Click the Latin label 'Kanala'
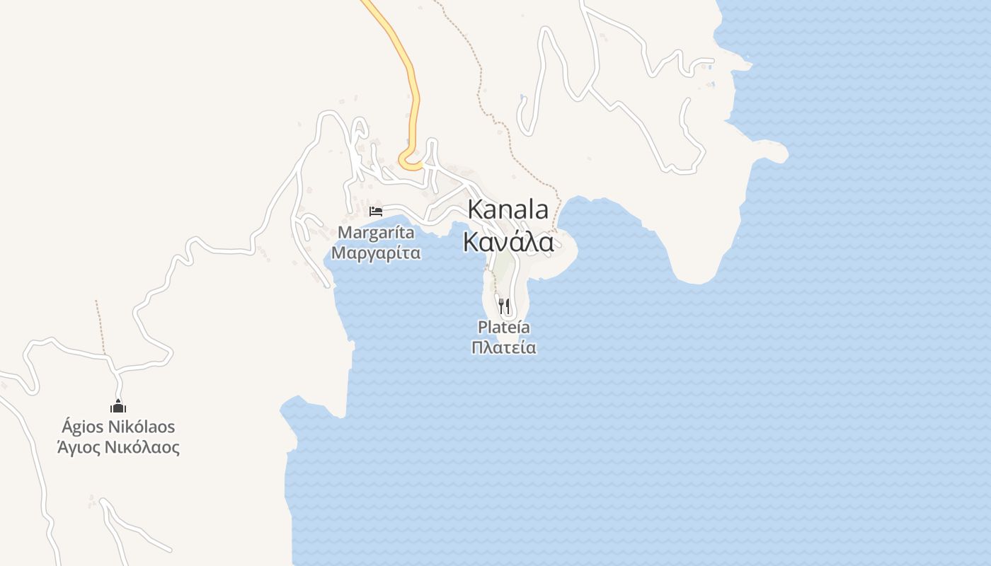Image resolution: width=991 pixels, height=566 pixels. (x=508, y=210)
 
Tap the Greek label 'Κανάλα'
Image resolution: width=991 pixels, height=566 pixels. (x=508, y=242)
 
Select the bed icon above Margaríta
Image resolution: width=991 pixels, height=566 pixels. (x=376, y=211)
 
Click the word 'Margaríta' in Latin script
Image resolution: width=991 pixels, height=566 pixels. (x=376, y=232)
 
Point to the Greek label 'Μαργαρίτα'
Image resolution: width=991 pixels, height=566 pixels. (x=376, y=253)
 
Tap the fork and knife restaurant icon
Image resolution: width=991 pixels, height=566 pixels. (x=504, y=306)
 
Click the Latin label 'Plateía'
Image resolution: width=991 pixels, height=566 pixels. (x=504, y=328)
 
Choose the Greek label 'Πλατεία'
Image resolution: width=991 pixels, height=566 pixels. (x=504, y=348)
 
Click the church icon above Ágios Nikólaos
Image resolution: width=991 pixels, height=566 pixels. (x=118, y=406)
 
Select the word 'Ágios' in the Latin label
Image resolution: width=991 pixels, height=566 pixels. (x=83, y=427)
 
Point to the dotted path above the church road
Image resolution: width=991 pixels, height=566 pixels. (x=100, y=325)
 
